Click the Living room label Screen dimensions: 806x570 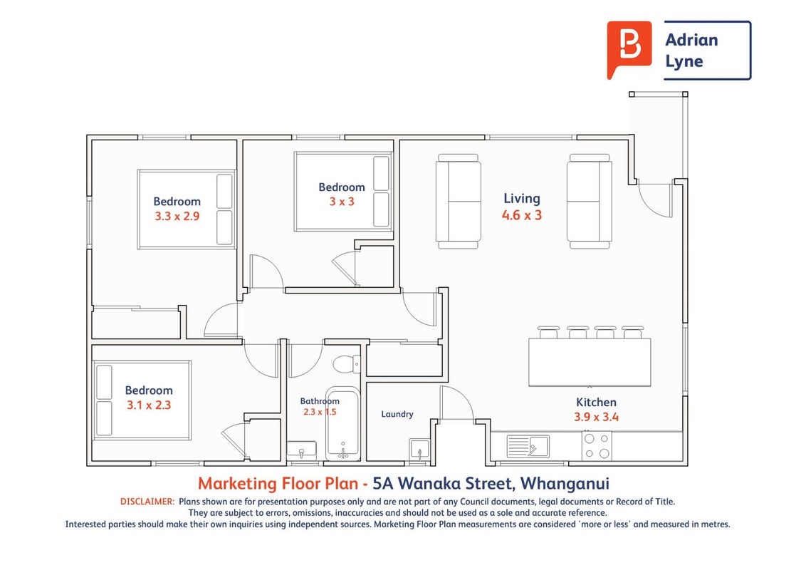tap(522, 199)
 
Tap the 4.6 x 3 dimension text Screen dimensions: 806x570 tap(522, 215)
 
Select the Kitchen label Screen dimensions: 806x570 tap(596, 403)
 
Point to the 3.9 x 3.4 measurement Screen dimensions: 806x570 tap(596, 418)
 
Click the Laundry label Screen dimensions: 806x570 tap(397, 414)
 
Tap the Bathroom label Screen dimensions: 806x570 tap(320, 400)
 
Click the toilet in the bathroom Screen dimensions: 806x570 tap(347, 363)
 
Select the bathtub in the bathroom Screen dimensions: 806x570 tap(342, 423)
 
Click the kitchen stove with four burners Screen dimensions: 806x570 tap(597, 446)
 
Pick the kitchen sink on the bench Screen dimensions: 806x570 tap(528, 446)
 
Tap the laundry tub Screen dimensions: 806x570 tap(419, 449)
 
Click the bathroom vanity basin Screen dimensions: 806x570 tap(302, 450)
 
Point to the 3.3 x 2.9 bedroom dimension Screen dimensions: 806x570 tap(177, 216)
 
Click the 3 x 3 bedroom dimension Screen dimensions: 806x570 tap(342, 202)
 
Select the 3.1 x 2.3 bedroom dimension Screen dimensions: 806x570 tap(149, 405)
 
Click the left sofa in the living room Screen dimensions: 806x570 tap(459, 202)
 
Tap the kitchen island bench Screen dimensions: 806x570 tap(590, 362)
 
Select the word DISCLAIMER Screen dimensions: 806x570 tap(147, 502)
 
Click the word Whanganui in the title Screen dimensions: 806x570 tap(565, 484)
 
